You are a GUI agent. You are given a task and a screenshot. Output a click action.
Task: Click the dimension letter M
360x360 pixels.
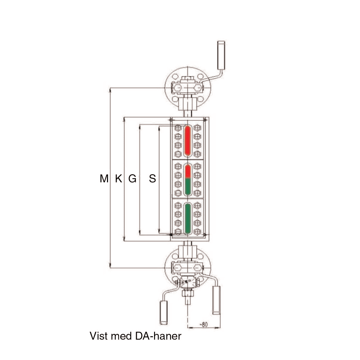[104, 179]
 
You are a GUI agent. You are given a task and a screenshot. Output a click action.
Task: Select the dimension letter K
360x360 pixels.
[118, 179]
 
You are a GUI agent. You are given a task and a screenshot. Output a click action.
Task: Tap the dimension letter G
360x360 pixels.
[132, 179]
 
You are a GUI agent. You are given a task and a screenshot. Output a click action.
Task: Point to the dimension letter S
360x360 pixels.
[152, 179]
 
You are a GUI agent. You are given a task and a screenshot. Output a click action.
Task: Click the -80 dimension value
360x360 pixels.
[204, 324]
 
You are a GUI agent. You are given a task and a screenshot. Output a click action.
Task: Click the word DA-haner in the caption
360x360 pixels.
[158, 336]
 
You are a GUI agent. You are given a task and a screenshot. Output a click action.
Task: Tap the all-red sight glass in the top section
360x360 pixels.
[188, 141]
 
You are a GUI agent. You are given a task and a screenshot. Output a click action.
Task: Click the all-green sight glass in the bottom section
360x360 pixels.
[188, 219]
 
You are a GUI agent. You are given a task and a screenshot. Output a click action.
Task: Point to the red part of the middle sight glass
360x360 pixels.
[188, 171]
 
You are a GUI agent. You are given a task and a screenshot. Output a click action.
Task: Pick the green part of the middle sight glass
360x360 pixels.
[188, 186]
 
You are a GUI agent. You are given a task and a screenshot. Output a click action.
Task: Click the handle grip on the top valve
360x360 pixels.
[221, 55]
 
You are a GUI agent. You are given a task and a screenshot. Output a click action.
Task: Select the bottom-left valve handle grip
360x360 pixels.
[163, 312]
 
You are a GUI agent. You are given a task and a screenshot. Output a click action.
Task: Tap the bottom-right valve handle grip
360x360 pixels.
[216, 300]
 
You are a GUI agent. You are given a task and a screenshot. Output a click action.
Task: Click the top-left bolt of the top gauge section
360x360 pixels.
[178, 128]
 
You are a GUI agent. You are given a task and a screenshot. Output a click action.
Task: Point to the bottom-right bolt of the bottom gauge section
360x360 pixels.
[197, 231]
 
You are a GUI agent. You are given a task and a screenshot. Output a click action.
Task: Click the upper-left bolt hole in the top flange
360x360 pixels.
[175, 77]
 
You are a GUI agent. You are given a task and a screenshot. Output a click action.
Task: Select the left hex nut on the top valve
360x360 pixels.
[178, 88]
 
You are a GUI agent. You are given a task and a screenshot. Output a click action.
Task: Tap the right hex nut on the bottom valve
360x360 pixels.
[197, 267]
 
